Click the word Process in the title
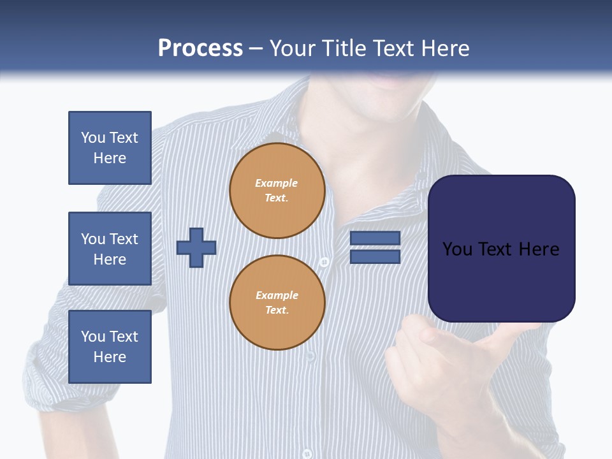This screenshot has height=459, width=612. click(x=200, y=48)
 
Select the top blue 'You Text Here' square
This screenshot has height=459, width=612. click(x=110, y=148)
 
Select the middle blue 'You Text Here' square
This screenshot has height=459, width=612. click(x=110, y=249)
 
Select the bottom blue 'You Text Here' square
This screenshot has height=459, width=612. click(x=110, y=347)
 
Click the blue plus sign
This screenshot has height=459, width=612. click(x=196, y=247)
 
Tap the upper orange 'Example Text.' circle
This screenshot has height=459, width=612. click(x=277, y=191)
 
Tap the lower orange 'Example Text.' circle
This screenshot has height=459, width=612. click(x=277, y=302)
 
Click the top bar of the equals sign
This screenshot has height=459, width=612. click(x=375, y=238)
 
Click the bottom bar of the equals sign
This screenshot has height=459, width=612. click(x=375, y=257)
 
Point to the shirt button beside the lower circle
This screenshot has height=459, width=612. click(x=324, y=262)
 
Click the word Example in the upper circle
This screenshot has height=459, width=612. click(x=276, y=183)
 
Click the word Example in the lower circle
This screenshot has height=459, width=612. click(x=277, y=295)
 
